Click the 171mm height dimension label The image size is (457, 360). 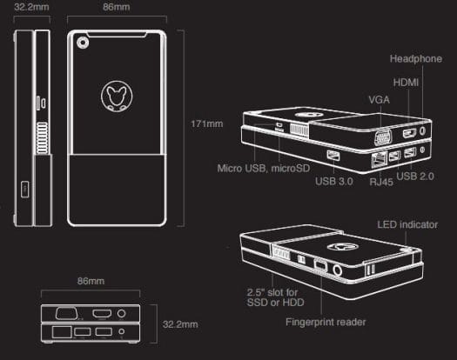coord(207,123)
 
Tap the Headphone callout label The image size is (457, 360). coord(416,58)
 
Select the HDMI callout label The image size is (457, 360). coord(406,83)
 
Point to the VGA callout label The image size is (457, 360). coord(380,100)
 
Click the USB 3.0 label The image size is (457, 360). coord(334,181)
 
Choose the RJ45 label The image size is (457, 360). coord(381,182)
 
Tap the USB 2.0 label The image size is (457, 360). coord(415,176)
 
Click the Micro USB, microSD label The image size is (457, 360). coord(264,169)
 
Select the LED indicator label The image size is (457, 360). coord(407,224)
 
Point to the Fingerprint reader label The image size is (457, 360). coord(326,322)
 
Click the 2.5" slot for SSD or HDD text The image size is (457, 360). coord(275,297)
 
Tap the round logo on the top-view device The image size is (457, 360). coord(117,97)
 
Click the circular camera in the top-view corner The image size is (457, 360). coord(83,43)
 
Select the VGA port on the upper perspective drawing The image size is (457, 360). coord(383,137)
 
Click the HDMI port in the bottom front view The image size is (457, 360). coord(102,314)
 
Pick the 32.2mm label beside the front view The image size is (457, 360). coord(180,324)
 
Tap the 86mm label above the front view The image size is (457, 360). coord(91,281)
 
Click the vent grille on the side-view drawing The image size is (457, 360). coord(42,137)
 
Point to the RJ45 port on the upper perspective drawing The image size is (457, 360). coord(379,159)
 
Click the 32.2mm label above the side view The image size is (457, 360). coord(31,7)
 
